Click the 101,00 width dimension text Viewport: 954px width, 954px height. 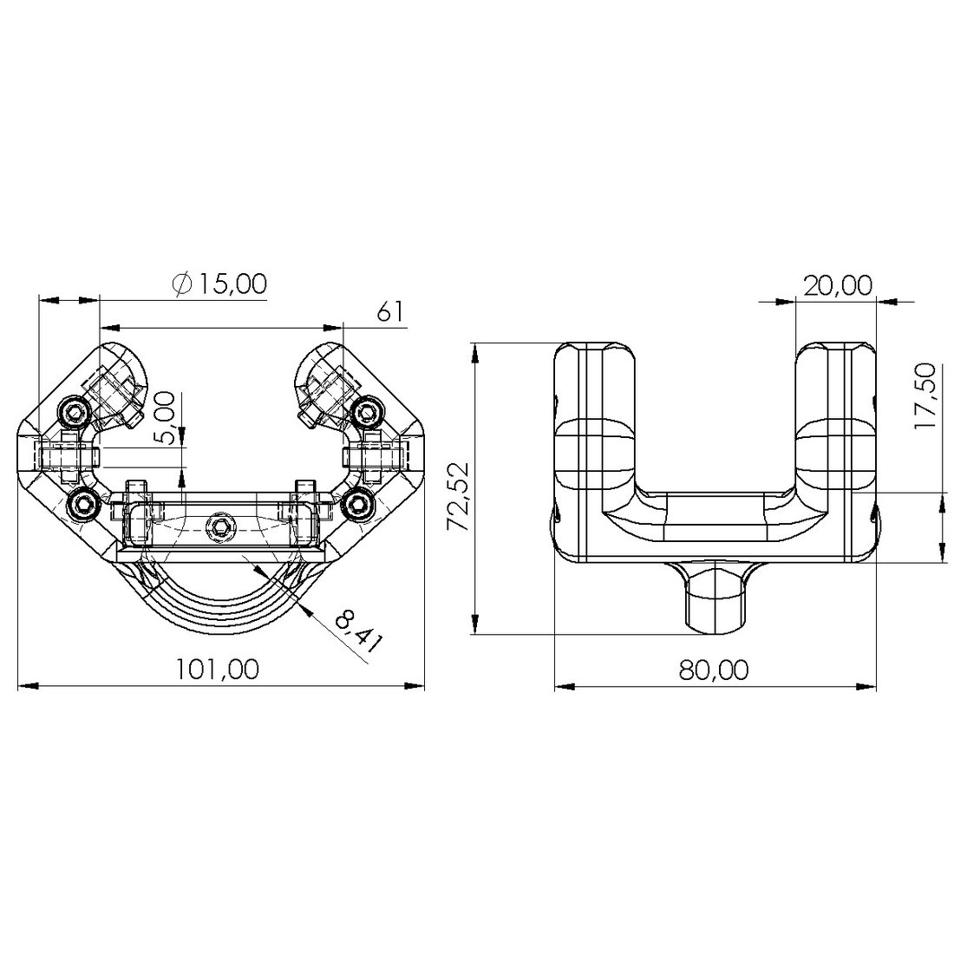217,670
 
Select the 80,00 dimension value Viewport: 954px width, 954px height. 714,670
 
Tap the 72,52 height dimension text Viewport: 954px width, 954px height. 458,497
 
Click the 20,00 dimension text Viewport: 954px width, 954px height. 838,284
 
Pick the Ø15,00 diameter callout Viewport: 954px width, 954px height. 219,284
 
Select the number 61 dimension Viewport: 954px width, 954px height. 390,311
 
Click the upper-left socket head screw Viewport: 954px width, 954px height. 75,414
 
